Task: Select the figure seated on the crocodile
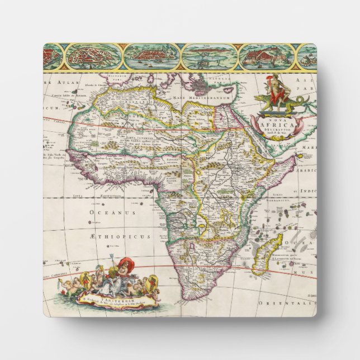coord(274,89)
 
